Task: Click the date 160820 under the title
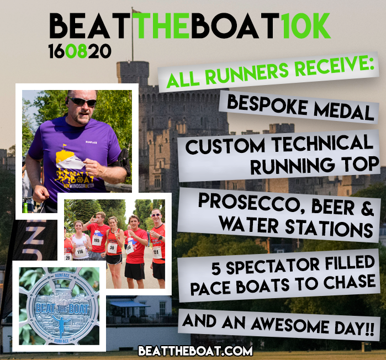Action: pyautogui.click(x=80, y=52)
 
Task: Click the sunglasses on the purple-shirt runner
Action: pyautogui.click(x=82, y=102)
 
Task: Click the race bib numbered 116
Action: pyautogui.click(x=80, y=251)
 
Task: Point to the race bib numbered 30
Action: pyautogui.click(x=112, y=247)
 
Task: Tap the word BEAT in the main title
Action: pyautogui.click(x=92, y=27)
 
